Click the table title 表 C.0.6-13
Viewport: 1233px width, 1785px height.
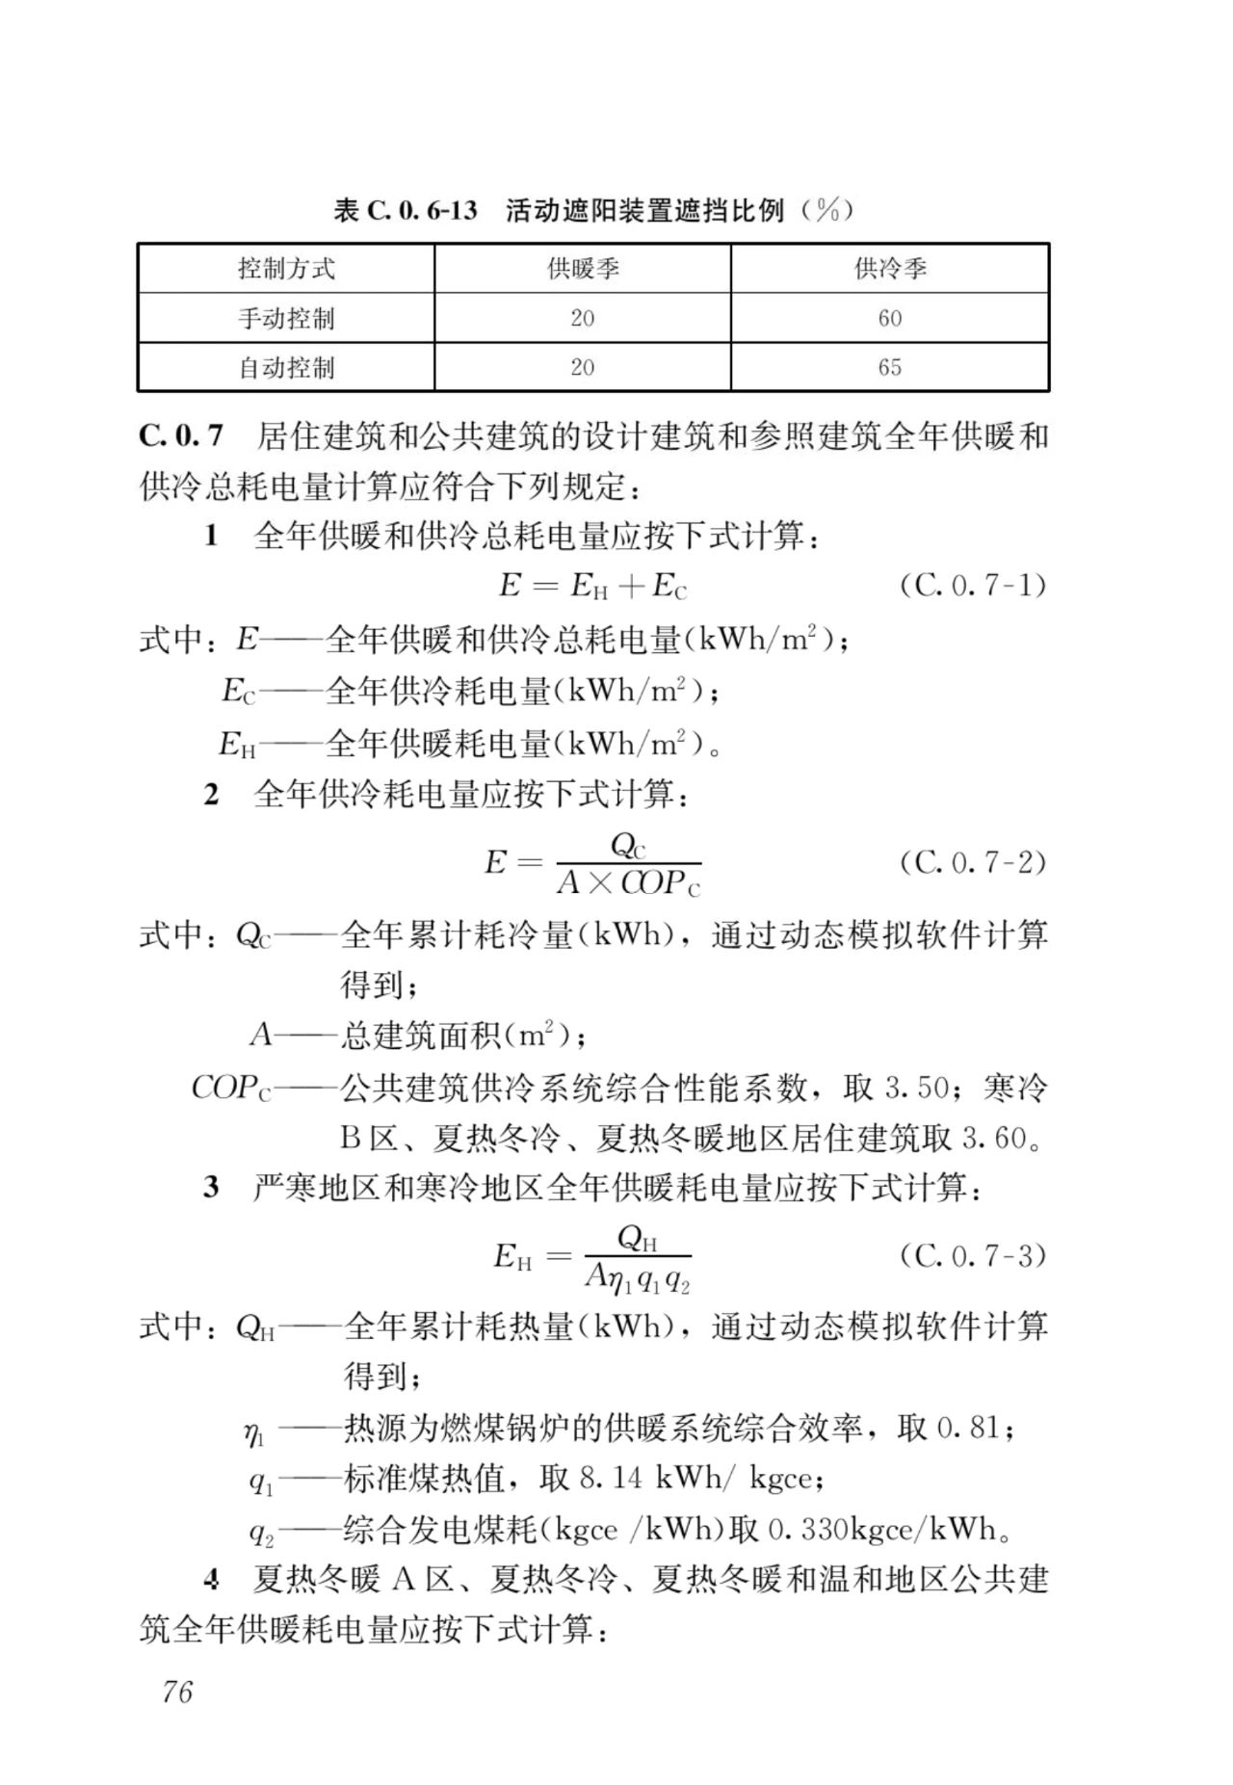(405, 210)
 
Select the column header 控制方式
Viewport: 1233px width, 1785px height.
(286, 268)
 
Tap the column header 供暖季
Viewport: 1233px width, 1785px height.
(583, 268)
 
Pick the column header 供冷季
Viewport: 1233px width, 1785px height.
(889, 268)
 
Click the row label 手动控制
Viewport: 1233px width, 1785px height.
(286, 318)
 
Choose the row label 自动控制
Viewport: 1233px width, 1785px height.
(286, 367)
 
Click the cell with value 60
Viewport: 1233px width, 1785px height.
(889, 318)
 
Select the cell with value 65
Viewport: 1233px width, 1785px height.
(889, 367)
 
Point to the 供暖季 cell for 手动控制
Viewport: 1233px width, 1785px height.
(583, 318)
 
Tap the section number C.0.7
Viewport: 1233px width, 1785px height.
(181, 436)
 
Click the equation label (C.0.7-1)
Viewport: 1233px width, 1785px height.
(972, 585)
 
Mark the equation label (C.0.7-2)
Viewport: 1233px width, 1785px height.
(972, 861)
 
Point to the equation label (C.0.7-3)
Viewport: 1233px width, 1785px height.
(972, 1255)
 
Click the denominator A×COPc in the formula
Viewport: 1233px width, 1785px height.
(628, 882)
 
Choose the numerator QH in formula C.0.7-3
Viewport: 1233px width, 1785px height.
(637, 1238)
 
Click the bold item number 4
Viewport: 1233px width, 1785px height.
(212, 1580)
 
